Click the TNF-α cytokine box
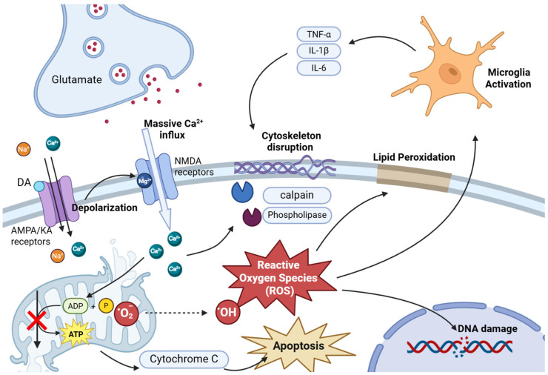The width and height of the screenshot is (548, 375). [318, 34]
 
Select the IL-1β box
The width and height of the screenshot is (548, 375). [318, 50]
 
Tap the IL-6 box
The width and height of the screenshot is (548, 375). [318, 67]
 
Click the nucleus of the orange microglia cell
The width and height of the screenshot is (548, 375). [450, 73]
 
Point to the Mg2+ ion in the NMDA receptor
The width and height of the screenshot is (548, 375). [144, 181]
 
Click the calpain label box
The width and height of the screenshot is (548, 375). [297, 195]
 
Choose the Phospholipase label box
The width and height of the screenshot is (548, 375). [297, 215]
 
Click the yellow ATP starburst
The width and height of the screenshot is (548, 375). [76, 333]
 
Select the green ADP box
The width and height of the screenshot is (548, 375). [76, 306]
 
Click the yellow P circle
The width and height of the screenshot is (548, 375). [106, 305]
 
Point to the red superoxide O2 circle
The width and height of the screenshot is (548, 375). [126, 313]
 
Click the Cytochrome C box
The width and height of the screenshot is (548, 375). [184, 359]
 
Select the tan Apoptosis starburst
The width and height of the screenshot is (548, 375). [298, 345]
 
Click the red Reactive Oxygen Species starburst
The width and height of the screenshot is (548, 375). [279, 278]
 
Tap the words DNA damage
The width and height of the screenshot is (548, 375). [487, 328]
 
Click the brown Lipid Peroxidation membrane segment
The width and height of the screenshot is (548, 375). [414, 178]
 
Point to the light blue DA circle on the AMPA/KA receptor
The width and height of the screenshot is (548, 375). [39, 187]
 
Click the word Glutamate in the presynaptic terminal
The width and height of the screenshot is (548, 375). [77, 79]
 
